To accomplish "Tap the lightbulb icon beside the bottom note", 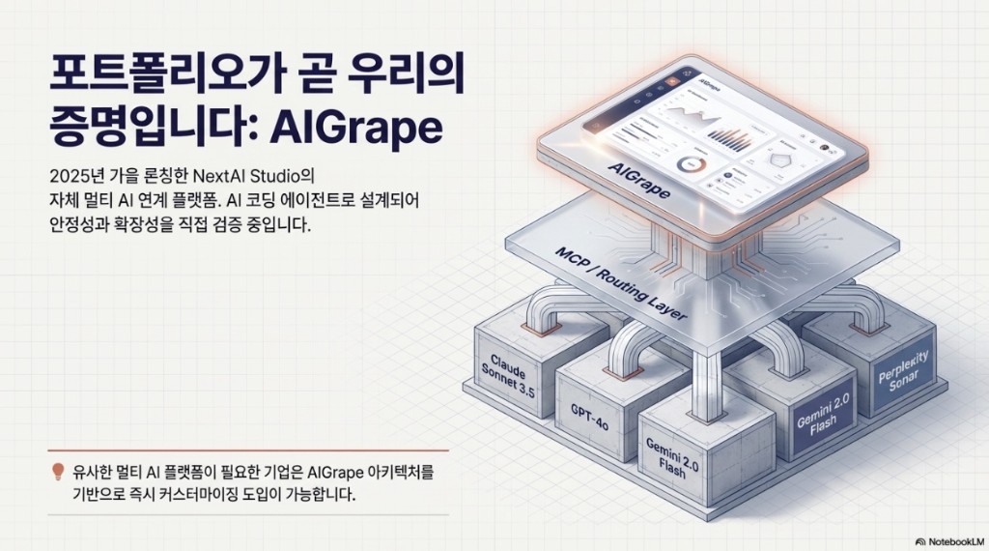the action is point(58,473).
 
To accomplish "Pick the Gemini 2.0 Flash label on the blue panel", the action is point(819,421).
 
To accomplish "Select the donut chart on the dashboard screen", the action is point(693,164).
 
